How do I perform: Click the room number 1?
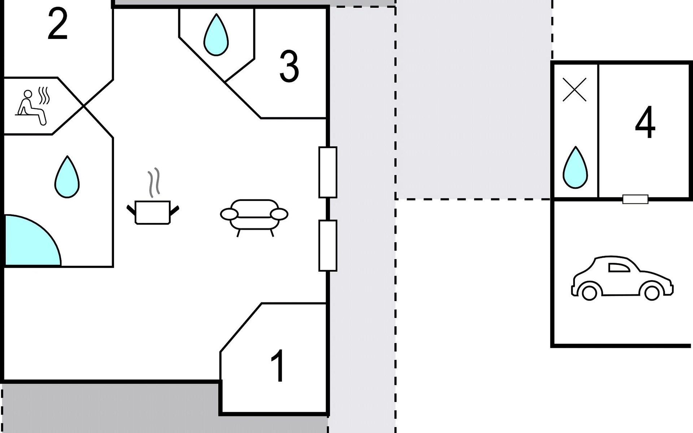(x=278, y=366)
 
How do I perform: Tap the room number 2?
(x=58, y=24)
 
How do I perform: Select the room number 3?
(x=289, y=66)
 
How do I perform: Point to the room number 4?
(x=645, y=122)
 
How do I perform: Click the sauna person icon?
(x=32, y=107)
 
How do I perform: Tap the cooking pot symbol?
(x=153, y=212)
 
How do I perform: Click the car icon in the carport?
(x=622, y=278)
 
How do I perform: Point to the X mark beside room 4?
(x=575, y=90)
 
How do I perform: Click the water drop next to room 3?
(x=216, y=35)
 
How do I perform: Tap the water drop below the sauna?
(x=67, y=177)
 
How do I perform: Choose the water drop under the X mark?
(x=575, y=167)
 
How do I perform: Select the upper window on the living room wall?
(x=328, y=172)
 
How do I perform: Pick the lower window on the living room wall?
(x=328, y=245)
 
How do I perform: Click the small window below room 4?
(x=635, y=199)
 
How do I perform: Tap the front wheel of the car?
(x=652, y=293)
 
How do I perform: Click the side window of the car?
(x=619, y=267)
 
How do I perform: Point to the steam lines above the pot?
(x=154, y=183)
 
